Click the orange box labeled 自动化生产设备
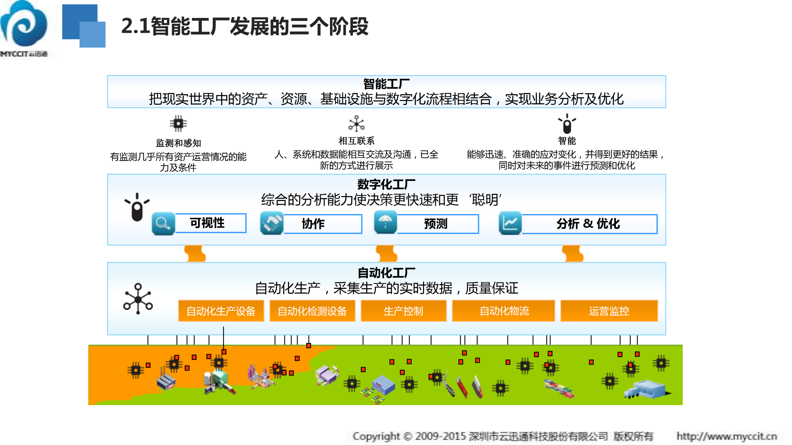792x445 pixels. pos(221,311)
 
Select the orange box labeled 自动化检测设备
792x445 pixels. pos(312,311)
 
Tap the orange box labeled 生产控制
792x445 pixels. pos(403,311)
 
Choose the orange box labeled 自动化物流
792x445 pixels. pos(504,311)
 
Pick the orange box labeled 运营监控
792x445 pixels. pos(609,311)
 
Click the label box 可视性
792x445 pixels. pos(210,223)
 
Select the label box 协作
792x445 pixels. pos(322,224)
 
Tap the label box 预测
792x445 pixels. pos(438,224)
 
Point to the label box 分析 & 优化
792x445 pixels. pos(589,224)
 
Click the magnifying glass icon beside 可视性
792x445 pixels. pos(163,223)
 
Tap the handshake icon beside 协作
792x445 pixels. pos(271,223)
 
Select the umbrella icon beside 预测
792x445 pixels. pos(385,222)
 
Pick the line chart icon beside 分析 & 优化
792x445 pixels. pos(510,223)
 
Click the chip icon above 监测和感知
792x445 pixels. pos(178,123)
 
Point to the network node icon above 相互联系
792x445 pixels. pos(356,124)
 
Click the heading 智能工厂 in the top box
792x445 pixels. pos(386,84)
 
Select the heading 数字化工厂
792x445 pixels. pos(386,184)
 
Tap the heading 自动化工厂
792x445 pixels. pos(386,273)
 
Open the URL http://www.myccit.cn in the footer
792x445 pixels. pos(726,436)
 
